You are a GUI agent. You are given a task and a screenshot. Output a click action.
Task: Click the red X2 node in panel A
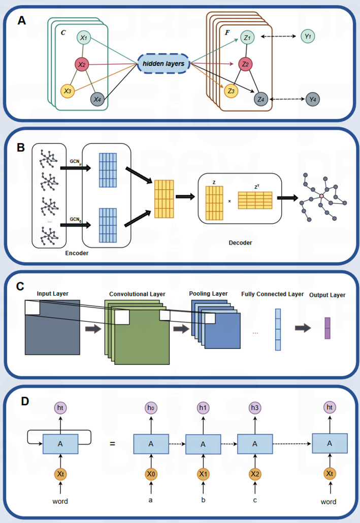click(x=81, y=64)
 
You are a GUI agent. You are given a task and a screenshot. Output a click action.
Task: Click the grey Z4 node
click(x=261, y=99)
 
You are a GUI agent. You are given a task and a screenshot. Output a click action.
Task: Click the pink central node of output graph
click(x=321, y=195)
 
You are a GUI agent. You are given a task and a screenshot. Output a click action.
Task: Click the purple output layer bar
click(x=328, y=328)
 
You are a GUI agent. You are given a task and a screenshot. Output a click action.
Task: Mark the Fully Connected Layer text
click(x=273, y=294)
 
